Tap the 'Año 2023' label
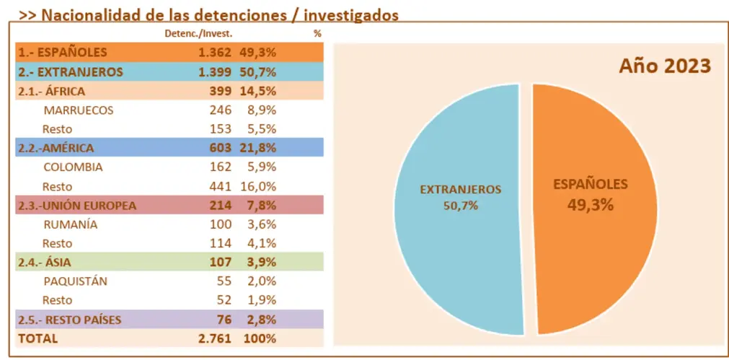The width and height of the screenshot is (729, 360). click(x=665, y=66)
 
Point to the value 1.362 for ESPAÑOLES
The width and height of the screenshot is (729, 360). click(x=215, y=52)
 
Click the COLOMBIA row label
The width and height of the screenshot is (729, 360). click(x=73, y=167)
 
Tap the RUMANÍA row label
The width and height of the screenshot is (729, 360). click(x=70, y=224)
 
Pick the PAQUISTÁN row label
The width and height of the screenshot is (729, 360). click(x=75, y=281)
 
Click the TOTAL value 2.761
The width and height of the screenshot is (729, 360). click(x=215, y=338)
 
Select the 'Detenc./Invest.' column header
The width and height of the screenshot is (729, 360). click(x=198, y=33)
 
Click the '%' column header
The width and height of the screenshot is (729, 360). click(x=317, y=33)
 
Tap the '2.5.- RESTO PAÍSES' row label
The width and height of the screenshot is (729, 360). click(x=69, y=320)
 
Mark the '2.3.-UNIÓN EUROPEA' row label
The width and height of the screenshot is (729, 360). click(x=76, y=206)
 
